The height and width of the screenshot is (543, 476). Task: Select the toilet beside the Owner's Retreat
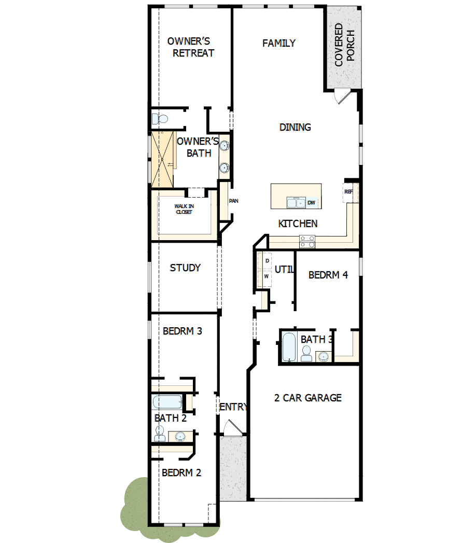(160, 119)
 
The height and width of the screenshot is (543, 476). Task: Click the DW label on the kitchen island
(311, 203)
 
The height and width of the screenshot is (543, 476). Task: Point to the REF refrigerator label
(348, 191)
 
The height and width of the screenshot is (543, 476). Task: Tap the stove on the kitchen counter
(306, 241)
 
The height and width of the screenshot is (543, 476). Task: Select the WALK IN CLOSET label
(184, 208)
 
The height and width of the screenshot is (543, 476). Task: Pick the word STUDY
(185, 268)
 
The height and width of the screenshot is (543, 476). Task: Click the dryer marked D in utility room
(267, 260)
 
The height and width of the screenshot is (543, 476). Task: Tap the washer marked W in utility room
(267, 277)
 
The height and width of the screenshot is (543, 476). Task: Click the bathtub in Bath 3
(289, 346)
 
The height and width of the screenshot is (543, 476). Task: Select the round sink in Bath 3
(324, 356)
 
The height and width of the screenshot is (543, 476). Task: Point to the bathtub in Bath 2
(167, 402)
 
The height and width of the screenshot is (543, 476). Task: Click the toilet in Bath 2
(160, 433)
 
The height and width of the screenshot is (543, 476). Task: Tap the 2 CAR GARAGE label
(307, 398)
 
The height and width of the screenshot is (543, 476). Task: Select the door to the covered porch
(342, 97)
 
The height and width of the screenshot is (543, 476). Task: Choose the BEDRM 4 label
(328, 275)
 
